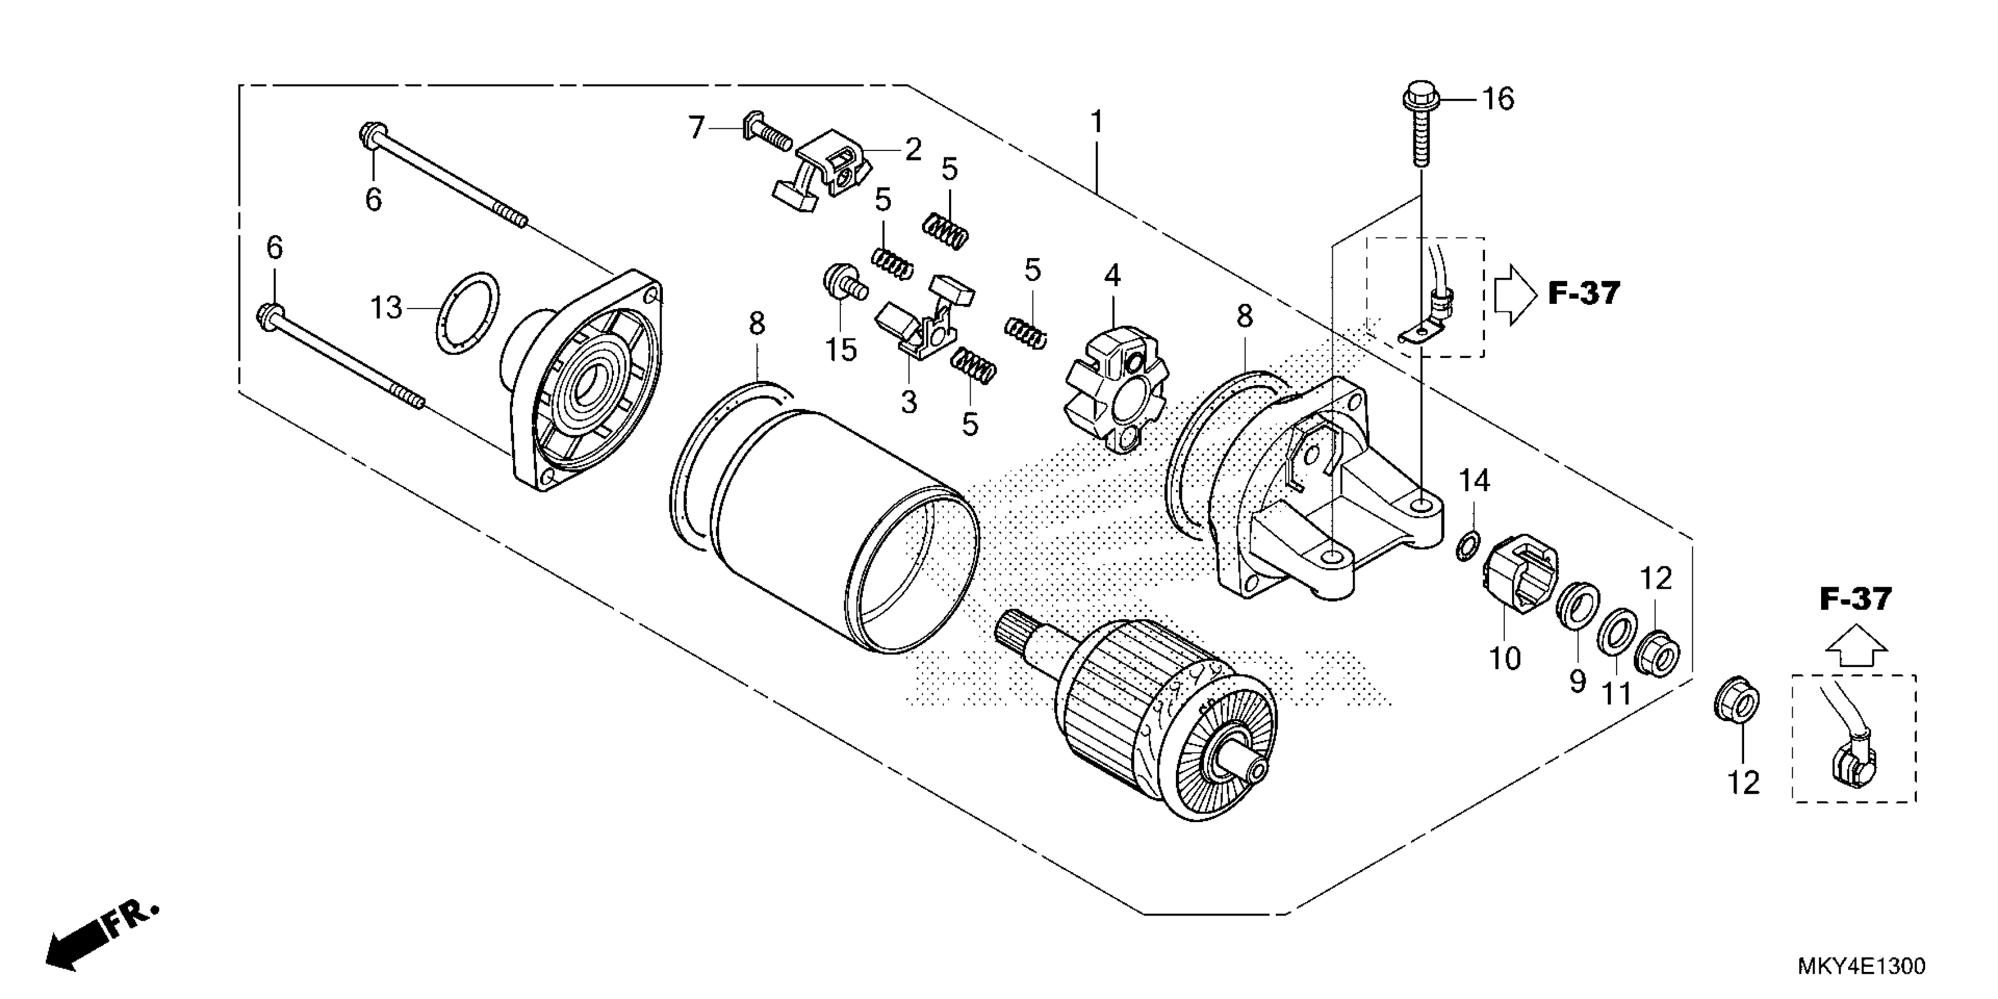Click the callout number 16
point(1498,99)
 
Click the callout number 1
point(1096,121)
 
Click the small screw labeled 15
point(840,284)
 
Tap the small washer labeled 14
point(1467,545)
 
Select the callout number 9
point(1577,681)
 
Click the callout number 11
point(1617,693)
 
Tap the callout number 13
point(385,308)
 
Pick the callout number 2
point(913,150)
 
